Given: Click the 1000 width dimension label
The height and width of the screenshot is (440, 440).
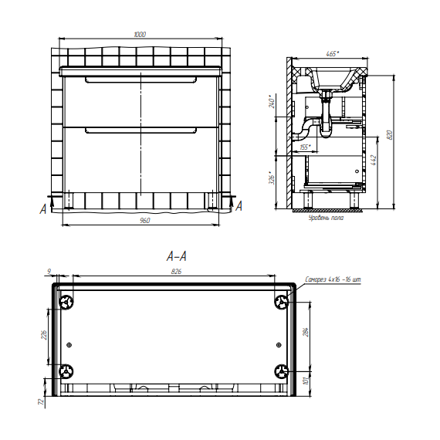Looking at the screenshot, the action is (140, 34).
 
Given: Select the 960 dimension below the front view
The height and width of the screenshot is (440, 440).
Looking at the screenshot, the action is (145, 221).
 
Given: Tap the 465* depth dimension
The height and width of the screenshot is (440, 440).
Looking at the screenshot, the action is (332, 53).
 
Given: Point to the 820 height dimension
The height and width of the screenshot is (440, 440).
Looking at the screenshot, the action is (390, 135).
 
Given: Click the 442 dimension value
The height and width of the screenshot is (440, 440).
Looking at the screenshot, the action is (374, 160).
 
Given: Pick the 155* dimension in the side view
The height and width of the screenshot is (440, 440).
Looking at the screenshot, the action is (306, 147).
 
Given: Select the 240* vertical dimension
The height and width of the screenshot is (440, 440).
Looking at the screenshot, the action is (272, 103).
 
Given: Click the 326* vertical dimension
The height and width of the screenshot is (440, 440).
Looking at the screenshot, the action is (272, 178).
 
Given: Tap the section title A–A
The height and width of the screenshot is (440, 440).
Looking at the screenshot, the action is (176, 256).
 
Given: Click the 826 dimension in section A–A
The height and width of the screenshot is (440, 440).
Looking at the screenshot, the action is (176, 272).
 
